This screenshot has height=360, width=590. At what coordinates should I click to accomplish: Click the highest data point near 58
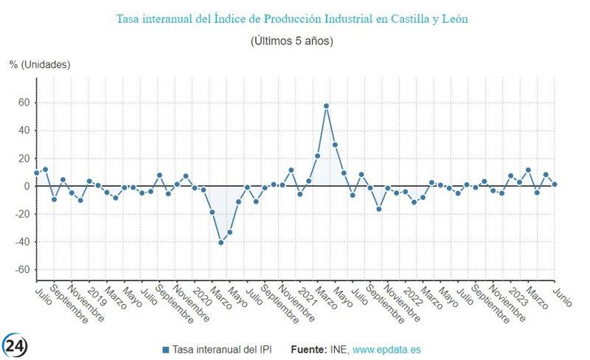pyautogui.click(x=326, y=105)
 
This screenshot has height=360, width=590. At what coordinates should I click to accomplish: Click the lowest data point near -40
pyautogui.click(x=221, y=242)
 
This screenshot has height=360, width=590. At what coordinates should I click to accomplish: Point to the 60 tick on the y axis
pyautogui.click(x=24, y=103)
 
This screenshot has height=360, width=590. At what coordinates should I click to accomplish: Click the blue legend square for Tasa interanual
pyautogui.click(x=165, y=349)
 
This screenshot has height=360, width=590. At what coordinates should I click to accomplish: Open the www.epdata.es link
pyautogui.click(x=386, y=349)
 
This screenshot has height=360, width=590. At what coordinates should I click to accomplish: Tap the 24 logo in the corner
pyautogui.click(x=17, y=345)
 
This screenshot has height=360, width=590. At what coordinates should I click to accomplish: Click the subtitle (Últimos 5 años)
pyautogui.click(x=292, y=41)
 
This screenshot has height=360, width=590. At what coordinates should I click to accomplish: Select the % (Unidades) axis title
pyautogui.click(x=40, y=65)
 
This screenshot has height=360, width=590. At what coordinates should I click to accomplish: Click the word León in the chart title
pyautogui.click(x=453, y=18)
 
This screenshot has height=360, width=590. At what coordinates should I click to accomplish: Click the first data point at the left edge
pyautogui.click(x=36, y=173)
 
